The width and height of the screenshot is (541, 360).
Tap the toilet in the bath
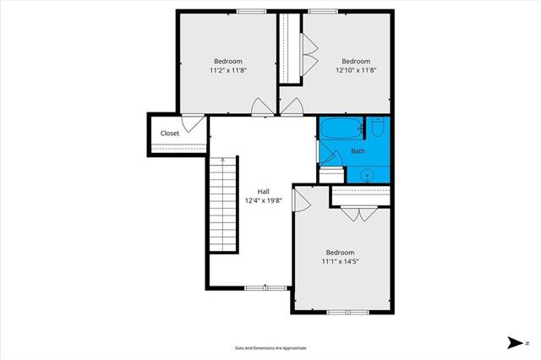pos(378,128)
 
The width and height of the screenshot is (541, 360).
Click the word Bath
pos(358,151)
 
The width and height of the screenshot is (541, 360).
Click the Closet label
pos(170,134)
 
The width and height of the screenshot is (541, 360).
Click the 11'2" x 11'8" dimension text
pos(227,71)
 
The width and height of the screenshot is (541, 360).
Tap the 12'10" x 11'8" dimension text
pos(356,71)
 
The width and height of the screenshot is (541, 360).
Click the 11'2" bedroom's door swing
pos(262,106)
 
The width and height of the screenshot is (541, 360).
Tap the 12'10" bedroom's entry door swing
pos(293,106)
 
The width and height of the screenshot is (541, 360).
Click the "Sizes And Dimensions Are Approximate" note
pos(270,347)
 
